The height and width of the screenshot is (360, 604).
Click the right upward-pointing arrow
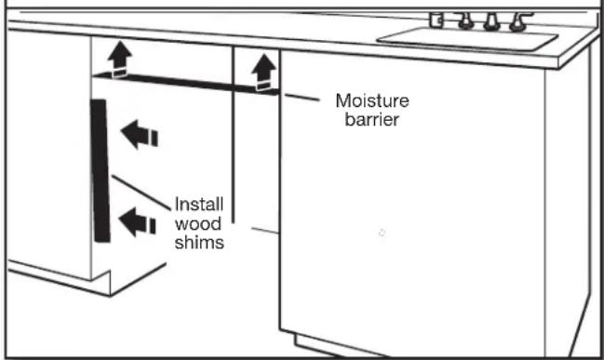(265, 68)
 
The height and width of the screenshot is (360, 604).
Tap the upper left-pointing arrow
(141, 136)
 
